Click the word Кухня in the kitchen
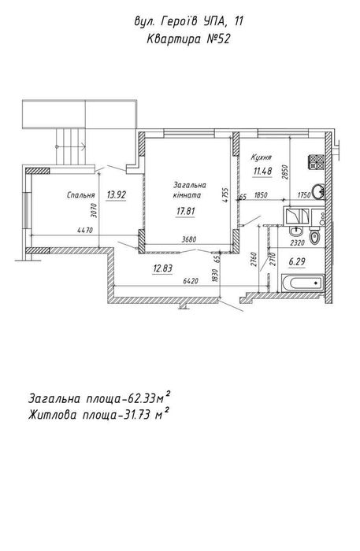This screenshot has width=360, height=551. [261, 157]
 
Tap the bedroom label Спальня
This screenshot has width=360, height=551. [81, 195]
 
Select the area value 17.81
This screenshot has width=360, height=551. [186, 212]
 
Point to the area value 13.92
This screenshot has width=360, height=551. [117, 194]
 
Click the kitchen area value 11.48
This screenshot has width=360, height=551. [263, 171]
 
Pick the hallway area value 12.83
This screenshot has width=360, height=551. [162, 269]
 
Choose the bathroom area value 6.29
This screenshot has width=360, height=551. [297, 262]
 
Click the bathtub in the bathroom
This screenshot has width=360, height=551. [302, 283]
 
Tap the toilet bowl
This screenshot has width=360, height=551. [314, 236]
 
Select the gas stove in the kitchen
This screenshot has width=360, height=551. [317, 162]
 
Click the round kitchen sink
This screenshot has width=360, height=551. [318, 191]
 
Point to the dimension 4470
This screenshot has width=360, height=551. [85, 231]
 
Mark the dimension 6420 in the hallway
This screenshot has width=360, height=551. [191, 281]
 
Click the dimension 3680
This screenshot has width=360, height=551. [189, 239]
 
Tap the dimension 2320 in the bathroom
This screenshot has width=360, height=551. [297, 242]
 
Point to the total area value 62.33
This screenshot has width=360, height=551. [142, 400]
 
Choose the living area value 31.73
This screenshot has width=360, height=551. [136, 416]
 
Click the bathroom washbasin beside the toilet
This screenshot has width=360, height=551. [295, 231]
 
